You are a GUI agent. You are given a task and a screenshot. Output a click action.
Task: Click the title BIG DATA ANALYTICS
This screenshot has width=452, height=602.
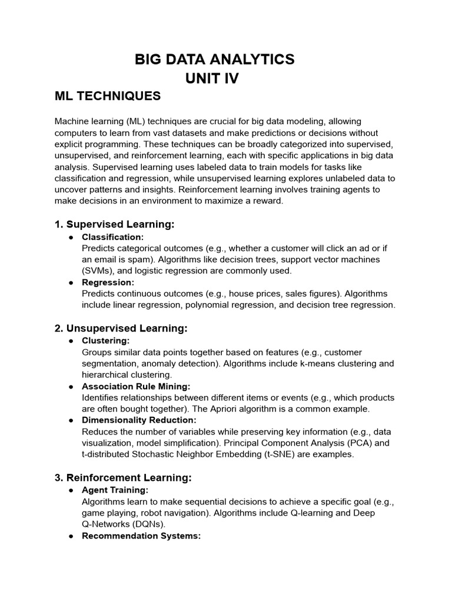tap(214, 59)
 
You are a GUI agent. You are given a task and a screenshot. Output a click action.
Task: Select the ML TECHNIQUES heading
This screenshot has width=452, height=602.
tap(107, 96)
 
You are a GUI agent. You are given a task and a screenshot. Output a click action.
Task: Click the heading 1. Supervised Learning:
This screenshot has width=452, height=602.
tap(115, 225)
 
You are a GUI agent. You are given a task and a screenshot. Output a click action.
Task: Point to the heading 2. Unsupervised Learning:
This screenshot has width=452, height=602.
tap(121, 328)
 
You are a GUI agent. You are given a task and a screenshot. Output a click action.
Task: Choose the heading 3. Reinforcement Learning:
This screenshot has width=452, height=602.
tap(123, 478)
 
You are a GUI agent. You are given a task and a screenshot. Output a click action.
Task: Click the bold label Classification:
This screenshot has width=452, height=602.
tap(112, 237)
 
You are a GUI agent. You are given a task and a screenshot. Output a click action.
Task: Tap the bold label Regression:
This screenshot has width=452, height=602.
tap(108, 282)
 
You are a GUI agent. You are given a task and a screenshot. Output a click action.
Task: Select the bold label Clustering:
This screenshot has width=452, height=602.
tap(105, 340)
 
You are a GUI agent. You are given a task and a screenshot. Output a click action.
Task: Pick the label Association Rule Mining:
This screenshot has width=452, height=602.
tap(136, 386)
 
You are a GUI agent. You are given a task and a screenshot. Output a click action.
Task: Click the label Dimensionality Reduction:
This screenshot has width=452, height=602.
tap(139, 420)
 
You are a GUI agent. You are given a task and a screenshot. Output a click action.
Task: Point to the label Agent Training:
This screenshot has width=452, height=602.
tap(115, 490)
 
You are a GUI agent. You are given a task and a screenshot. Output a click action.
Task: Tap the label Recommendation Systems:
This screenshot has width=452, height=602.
tap(141, 536)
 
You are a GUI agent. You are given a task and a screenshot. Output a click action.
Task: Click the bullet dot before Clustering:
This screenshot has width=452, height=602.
tap(71, 341)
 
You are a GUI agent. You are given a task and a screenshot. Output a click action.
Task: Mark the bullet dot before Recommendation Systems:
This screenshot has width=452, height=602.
tap(71, 536)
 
